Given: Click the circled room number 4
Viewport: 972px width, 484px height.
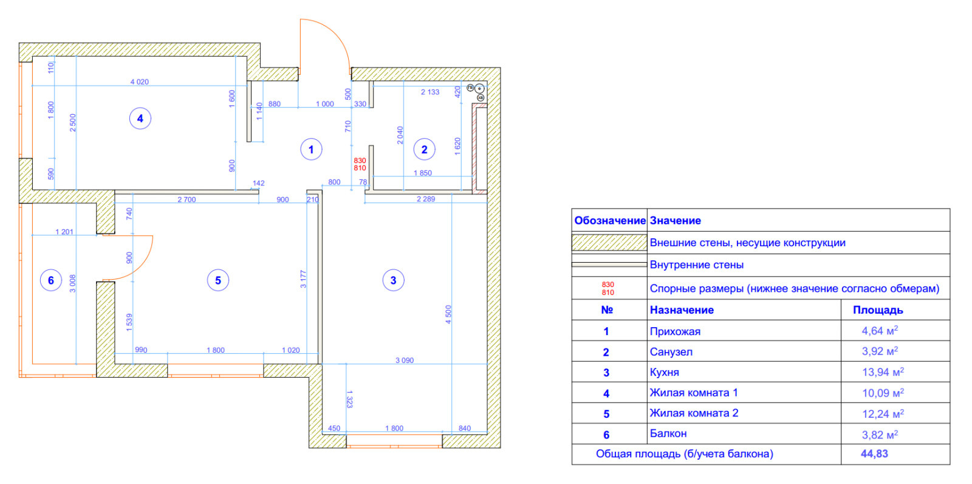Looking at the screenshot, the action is pos(140,119).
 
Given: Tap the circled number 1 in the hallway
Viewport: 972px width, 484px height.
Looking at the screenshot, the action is pos(311,150).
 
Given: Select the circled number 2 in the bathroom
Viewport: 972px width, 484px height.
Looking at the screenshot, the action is pos(424,150).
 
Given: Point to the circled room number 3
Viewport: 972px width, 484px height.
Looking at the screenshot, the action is pos(393,280).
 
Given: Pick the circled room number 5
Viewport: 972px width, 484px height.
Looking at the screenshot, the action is pos(218,280).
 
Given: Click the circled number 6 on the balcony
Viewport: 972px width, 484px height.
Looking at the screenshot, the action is pos(51,280).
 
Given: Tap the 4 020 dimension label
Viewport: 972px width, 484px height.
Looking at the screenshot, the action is pos(140,81).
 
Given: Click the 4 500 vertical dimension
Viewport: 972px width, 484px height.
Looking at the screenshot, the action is pos(448,314).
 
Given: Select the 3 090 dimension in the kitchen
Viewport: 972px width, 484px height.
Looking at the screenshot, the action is pos(405,360).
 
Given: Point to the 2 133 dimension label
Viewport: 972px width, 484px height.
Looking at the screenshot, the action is pos(430,92).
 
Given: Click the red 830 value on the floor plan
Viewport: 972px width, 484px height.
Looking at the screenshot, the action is pos(360,161).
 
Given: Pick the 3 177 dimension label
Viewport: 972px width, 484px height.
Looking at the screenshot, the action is pos(303,279).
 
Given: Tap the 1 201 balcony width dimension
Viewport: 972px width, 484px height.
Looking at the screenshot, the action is pos(64,232).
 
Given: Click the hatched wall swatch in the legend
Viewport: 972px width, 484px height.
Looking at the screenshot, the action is pos(609,243).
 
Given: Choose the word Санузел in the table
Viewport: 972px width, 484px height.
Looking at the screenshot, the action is pos(671,351).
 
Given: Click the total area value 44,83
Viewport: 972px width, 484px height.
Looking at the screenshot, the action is pos(874,454).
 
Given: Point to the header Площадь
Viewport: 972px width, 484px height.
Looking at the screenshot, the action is pos(878,310).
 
